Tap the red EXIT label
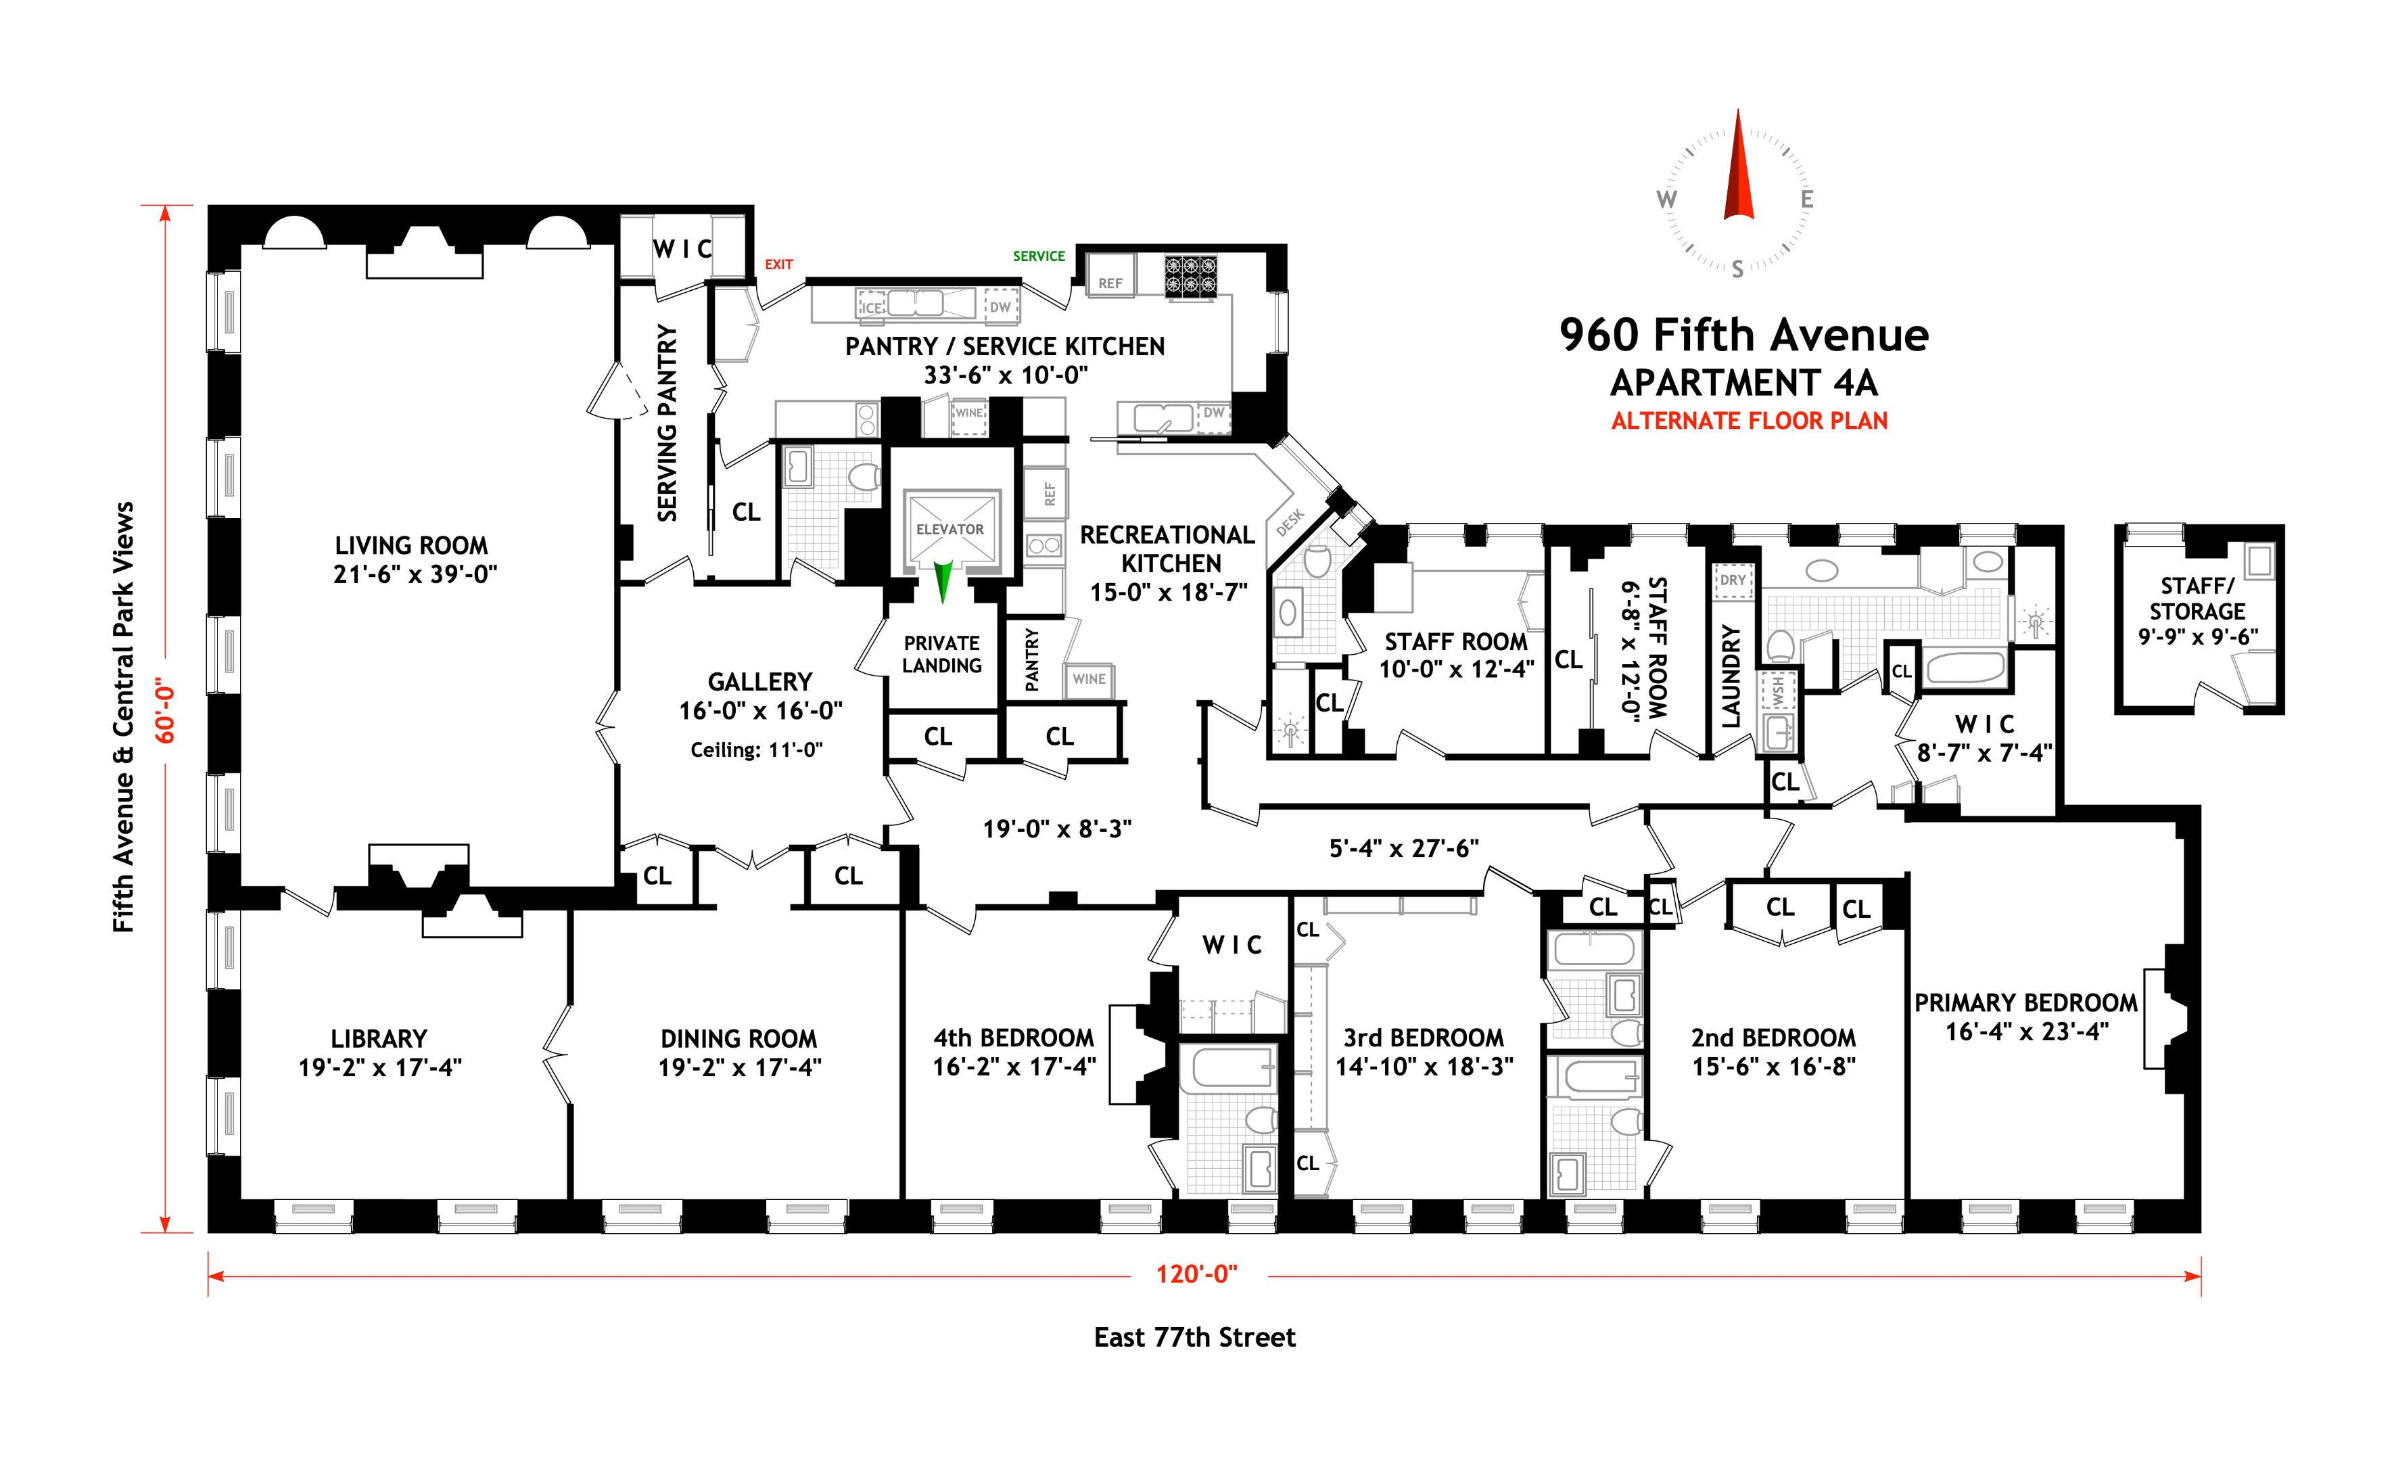click(778, 264)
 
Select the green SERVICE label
click(1039, 256)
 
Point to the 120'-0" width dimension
click(1197, 1274)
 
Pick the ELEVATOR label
click(949, 529)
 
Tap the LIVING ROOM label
click(412, 546)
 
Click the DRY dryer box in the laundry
click(1733, 580)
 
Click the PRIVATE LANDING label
click(941, 654)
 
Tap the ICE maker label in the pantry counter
click(872, 308)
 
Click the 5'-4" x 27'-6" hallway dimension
click(1404, 848)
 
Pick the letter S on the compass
click(1737, 270)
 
